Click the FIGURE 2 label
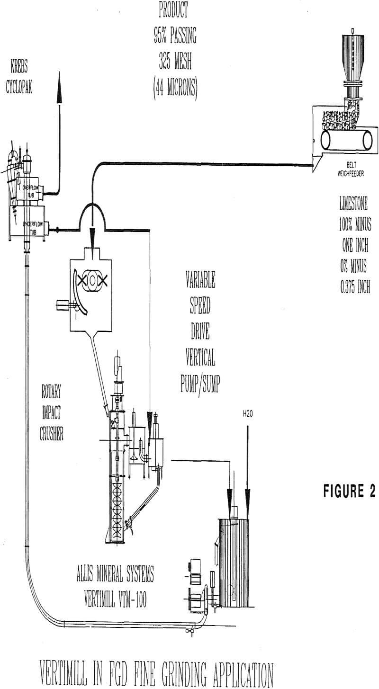(x=350, y=491)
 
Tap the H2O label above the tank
(x=247, y=414)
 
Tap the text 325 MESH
(x=175, y=62)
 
